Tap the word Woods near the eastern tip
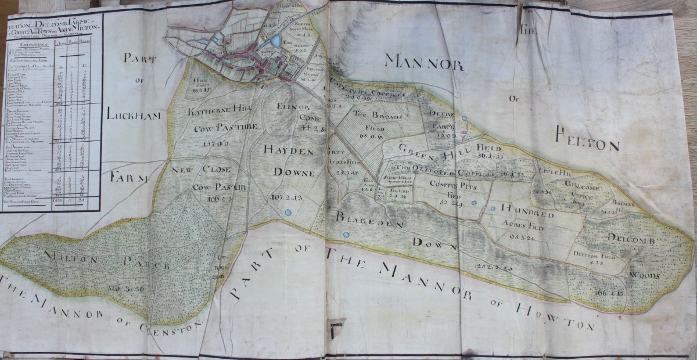[645, 275]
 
